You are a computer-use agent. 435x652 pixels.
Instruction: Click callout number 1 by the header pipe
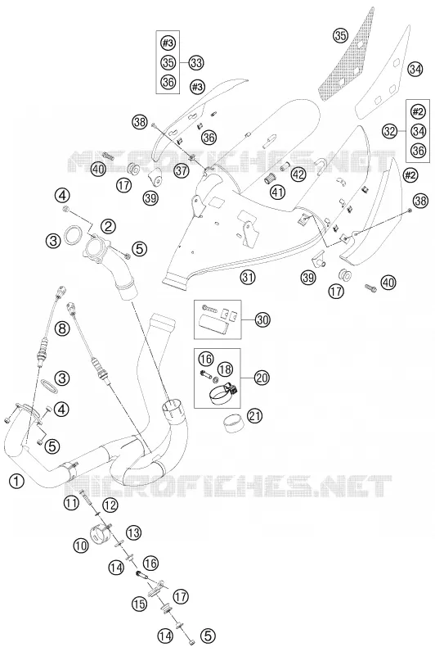tap(16, 481)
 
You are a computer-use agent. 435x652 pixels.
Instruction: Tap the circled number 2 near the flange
tap(108, 226)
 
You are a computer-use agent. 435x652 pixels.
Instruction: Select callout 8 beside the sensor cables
tap(62, 329)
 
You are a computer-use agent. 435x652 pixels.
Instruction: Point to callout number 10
tap(82, 546)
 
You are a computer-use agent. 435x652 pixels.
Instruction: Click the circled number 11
tap(71, 503)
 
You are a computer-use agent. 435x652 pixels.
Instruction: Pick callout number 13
tap(133, 532)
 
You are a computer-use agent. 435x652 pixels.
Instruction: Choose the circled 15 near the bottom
tap(140, 604)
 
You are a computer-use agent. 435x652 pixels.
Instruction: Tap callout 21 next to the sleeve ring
tap(255, 415)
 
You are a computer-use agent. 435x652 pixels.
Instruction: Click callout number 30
tap(262, 319)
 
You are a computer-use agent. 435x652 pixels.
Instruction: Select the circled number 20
tap(262, 378)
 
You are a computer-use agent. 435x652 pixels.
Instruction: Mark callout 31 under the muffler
tap(248, 278)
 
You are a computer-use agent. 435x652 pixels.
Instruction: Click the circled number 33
tap(196, 63)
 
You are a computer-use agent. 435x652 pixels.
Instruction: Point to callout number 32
tap(390, 131)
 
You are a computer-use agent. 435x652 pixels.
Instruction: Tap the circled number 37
tap(182, 170)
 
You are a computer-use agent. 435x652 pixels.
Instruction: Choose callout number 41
tap(279, 192)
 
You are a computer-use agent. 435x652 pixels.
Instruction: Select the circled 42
tap(298, 174)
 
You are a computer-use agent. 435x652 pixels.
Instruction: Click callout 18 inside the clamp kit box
tap(226, 369)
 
